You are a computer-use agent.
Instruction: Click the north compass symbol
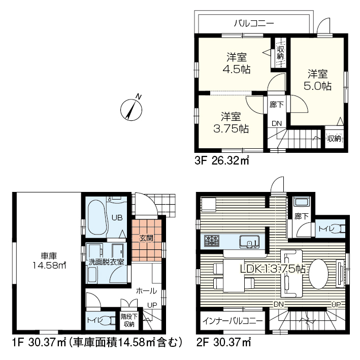(x=132, y=110)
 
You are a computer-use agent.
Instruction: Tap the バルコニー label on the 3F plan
(x=254, y=23)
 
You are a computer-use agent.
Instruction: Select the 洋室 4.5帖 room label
(x=237, y=63)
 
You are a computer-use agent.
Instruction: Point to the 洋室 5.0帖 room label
(x=317, y=80)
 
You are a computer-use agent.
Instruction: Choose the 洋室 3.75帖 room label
(x=231, y=122)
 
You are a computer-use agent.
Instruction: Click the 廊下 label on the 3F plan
(x=277, y=105)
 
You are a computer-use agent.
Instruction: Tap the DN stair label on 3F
(x=277, y=123)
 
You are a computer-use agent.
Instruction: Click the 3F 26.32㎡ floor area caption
(x=221, y=160)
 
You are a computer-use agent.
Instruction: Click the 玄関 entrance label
(x=146, y=238)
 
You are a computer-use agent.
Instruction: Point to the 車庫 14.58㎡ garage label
(x=49, y=260)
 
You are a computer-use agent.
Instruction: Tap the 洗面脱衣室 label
(x=106, y=262)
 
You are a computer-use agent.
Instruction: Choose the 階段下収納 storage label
(x=129, y=320)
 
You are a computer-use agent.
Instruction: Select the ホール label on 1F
(x=146, y=291)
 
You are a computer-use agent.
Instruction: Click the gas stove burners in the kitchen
(x=212, y=241)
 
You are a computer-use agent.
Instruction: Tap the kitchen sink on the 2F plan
(x=250, y=242)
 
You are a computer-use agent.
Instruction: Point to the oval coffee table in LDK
(x=318, y=274)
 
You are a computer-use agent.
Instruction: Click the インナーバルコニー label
(x=233, y=321)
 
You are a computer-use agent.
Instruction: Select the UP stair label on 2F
(x=336, y=305)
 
